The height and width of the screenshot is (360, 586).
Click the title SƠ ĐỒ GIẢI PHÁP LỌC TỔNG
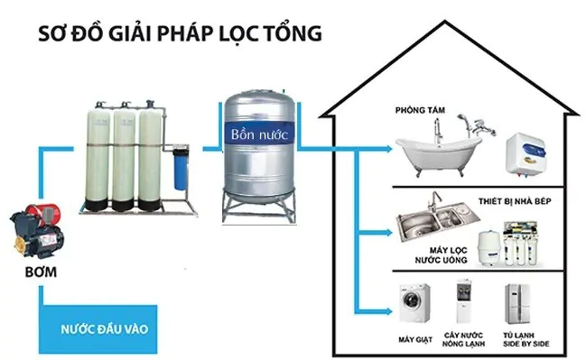(x=178, y=34)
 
